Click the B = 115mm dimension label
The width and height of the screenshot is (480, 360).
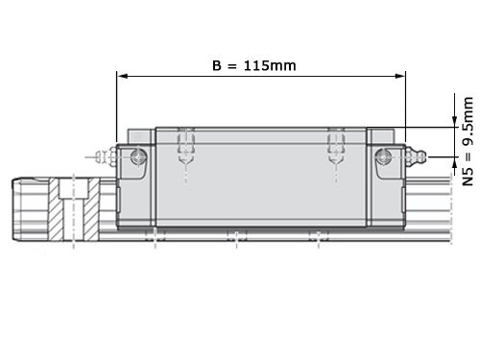(x=254, y=65)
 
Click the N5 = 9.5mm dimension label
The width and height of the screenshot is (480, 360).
(x=468, y=141)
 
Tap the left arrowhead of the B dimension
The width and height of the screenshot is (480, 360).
(x=123, y=76)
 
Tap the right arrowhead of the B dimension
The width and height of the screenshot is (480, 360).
(x=400, y=76)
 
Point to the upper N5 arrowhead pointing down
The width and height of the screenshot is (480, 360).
(x=454, y=122)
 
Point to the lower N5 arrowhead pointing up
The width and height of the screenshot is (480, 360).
(x=454, y=162)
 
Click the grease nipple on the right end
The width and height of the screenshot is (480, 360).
(x=416, y=156)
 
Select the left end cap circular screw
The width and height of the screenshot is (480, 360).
(x=139, y=156)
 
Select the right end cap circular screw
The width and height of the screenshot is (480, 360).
(x=383, y=156)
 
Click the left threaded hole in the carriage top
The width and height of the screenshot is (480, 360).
(x=186, y=146)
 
